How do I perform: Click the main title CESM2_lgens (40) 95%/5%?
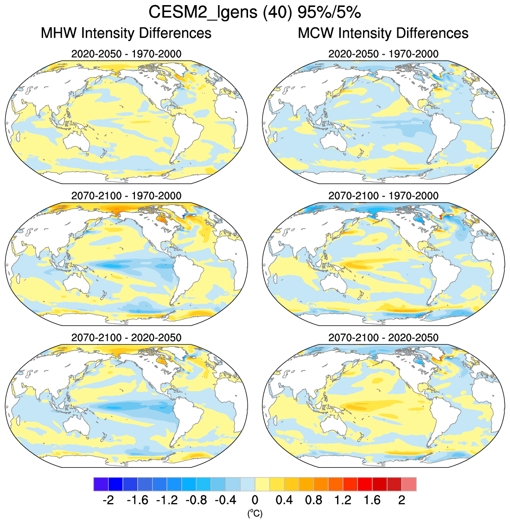click(255, 12)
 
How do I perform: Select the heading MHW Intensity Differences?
click(126, 33)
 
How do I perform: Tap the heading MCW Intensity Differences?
click(383, 33)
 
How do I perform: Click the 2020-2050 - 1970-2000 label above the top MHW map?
click(126, 54)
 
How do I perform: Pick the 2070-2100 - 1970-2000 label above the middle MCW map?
click(383, 196)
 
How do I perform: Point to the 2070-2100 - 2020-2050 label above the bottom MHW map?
click(126, 338)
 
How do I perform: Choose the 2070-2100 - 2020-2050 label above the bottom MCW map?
click(383, 338)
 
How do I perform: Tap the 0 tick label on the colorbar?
click(255, 500)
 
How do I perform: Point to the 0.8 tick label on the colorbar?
click(313, 500)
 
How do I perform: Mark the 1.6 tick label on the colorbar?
click(372, 500)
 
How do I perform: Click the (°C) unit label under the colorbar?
click(255, 513)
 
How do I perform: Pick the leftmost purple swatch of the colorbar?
click(101, 484)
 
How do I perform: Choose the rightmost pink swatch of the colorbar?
click(409, 484)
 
